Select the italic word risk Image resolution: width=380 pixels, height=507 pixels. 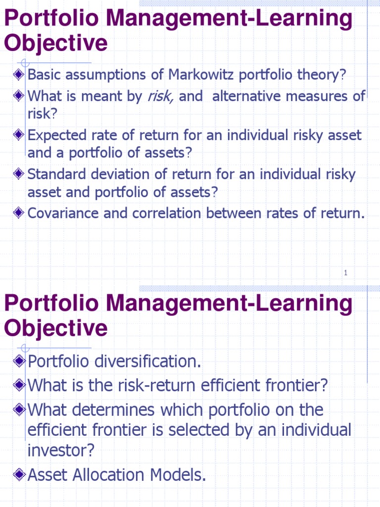160,96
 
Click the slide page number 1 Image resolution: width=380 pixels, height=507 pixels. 346,273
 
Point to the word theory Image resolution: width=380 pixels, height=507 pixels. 318,75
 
